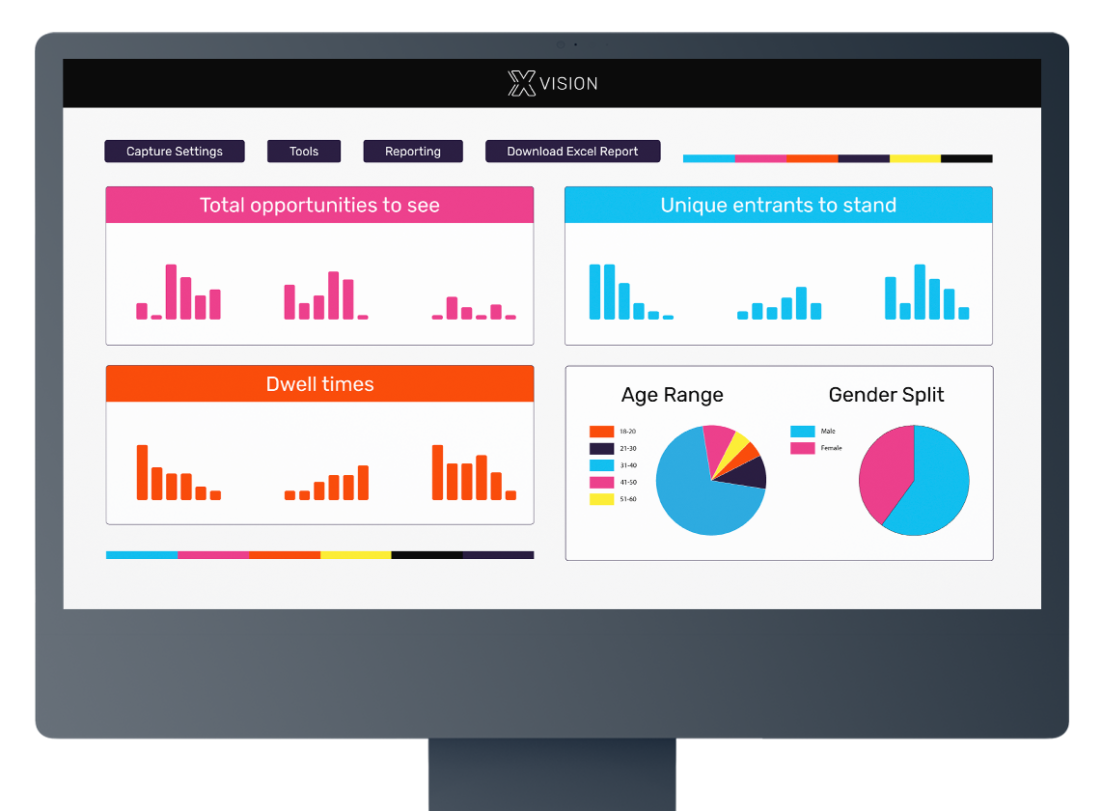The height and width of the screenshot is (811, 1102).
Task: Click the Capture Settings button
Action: pyautogui.click(x=175, y=152)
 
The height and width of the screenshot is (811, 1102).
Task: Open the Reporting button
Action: pyautogui.click(x=413, y=152)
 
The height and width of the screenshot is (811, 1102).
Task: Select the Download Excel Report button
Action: pyautogui.click(x=572, y=152)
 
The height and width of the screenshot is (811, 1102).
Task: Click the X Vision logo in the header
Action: pyautogui.click(x=552, y=83)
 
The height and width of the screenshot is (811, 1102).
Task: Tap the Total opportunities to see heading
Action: pyautogui.click(x=319, y=205)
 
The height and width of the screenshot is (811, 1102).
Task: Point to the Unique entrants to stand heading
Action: pyautogui.click(x=778, y=205)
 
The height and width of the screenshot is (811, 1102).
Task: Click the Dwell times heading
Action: pyautogui.click(x=319, y=383)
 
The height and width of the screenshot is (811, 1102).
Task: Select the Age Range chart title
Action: pyautogui.click(x=672, y=395)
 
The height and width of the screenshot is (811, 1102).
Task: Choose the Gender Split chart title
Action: pyautogui.click(x=886, y=395)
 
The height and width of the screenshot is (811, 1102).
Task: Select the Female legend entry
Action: pyautogui.click(x=815, y=448)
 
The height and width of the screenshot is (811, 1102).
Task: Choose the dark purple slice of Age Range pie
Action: pyautogui.click(x=750, y=472)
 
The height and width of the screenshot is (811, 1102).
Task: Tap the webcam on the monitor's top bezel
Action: pyautogui.click(x=561, y=44)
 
